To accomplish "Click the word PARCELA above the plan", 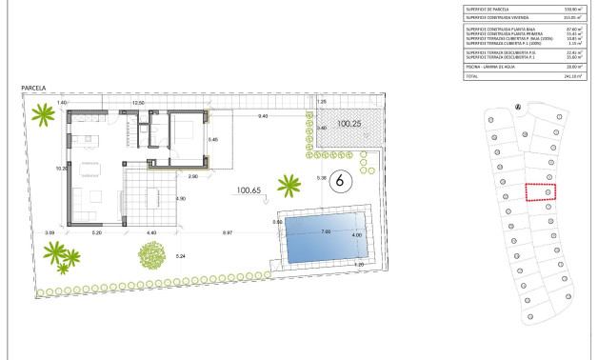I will [35, 89].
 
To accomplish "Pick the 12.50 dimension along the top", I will [137, 102].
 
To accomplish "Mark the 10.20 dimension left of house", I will [60, 169].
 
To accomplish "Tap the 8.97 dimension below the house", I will [229, 233].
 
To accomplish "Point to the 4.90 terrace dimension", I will [180, 198].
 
